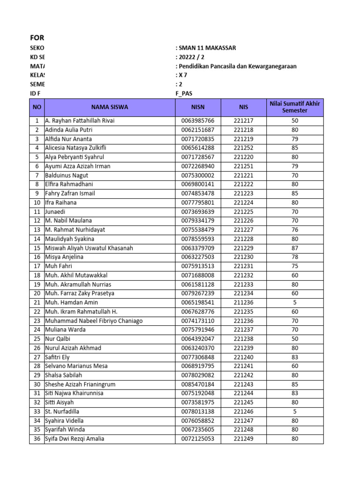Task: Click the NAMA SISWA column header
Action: click(x=109, y=107)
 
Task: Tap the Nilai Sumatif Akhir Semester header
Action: click(x=295, y=107)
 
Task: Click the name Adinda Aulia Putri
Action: click(x=68, y=130)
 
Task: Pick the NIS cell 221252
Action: click(x=243, y=148)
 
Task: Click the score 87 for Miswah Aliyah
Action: click(x=295, y=248)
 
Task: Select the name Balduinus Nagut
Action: click(x=67, y=175)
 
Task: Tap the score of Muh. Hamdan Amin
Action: click(x=295, y=302)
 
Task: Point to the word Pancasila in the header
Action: click(x=228, y=67)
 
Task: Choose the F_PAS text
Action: click(x=184, y=94)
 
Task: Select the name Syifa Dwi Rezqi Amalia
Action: click(x=75, y=439)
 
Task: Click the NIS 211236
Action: click(x=243, y=302)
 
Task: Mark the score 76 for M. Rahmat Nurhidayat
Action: click(x=295, y=230)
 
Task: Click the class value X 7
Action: click(x=182, y=75)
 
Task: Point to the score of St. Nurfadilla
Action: click(x=295, y=412)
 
